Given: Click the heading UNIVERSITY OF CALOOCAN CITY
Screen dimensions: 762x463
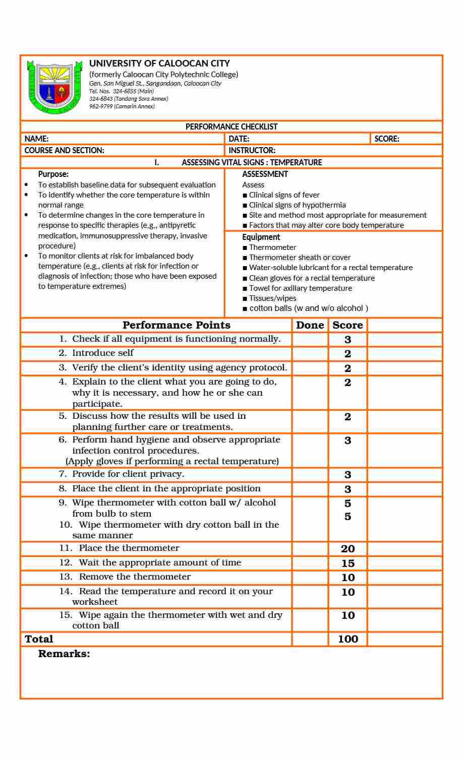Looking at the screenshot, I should click(159, 63).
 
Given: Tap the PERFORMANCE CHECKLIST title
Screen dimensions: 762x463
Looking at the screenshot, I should click(231, 126).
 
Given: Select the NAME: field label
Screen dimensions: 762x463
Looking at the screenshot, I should click(37, 139).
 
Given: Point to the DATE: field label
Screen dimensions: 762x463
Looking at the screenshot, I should click(239, 139).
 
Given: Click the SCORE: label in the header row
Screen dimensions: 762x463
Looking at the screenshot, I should click(387, 139).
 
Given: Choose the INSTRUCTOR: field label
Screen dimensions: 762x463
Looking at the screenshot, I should click(252, 150).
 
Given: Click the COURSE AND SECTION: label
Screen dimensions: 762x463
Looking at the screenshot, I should click(65, 150).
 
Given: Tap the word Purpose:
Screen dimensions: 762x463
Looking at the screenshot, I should click(53, 174).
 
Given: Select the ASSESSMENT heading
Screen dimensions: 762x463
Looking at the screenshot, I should click(265, 174).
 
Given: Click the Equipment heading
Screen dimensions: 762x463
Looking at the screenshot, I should click(261, 237).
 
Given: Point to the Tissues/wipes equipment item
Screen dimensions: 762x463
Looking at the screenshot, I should click(272, 298).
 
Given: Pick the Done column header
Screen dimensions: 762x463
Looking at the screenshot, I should click(310, 325).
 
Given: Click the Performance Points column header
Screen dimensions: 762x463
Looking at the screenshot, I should click(177, 325).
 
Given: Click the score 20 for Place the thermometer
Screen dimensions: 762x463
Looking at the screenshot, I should click(348, 549).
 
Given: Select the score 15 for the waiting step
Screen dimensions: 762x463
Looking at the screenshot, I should click(348, 563).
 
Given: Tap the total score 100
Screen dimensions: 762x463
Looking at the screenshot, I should click(348, 639).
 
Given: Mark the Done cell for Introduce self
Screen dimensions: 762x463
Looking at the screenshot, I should click(310, 354).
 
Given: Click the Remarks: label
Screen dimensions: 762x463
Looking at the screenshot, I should click(64, 654).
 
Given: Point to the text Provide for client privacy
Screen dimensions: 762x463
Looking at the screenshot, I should click(128, 474).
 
